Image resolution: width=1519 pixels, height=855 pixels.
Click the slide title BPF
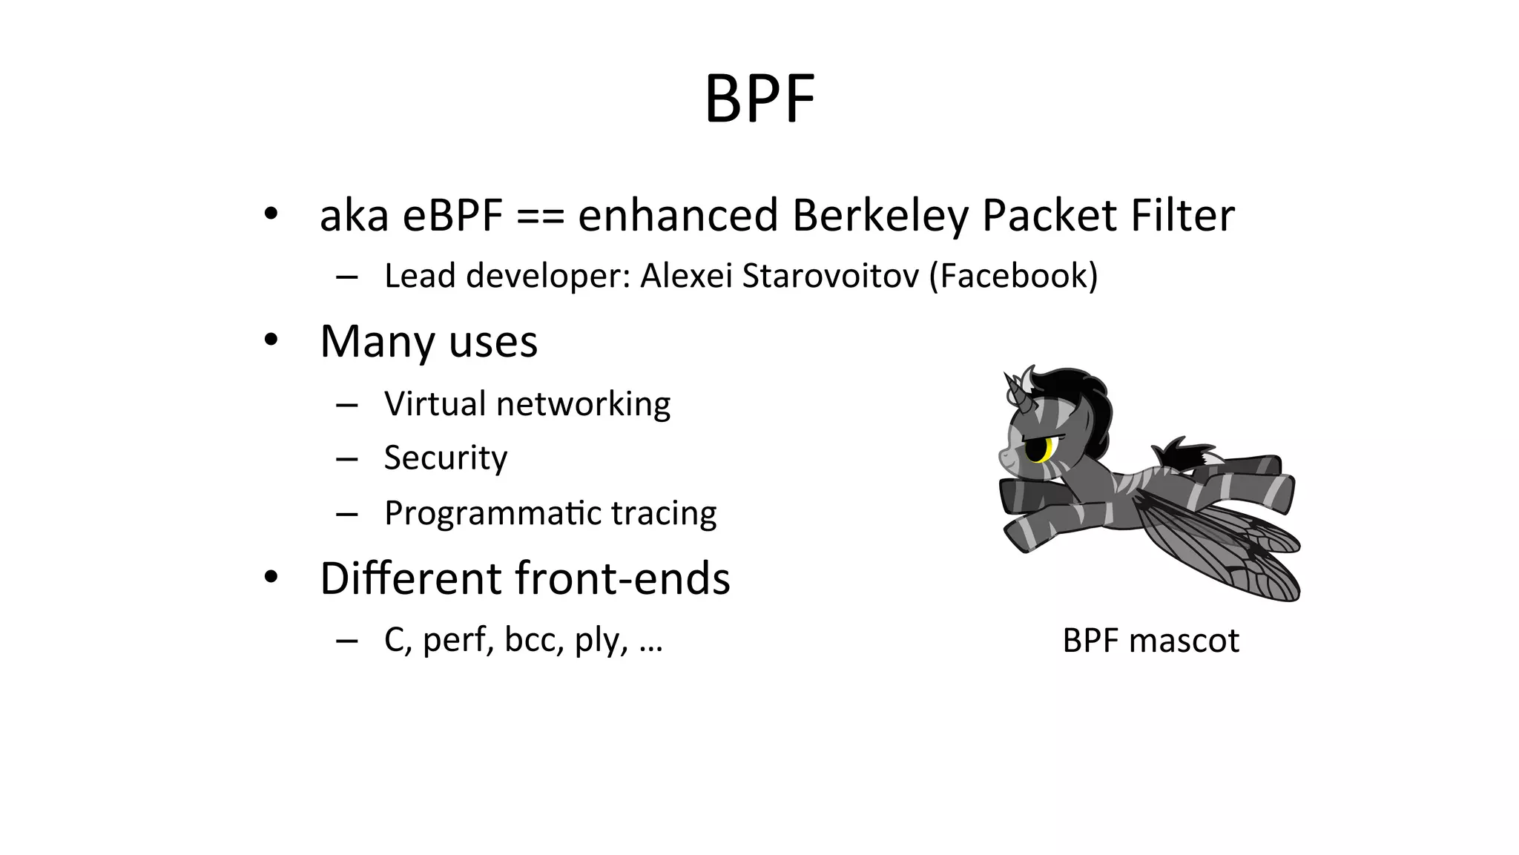[759, 99]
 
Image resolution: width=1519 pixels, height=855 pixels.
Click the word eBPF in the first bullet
[452, 216]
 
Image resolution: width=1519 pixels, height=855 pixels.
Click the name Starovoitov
[830, 276]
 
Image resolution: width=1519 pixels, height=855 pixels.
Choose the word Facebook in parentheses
[1013, 276]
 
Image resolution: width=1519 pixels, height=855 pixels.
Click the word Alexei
[686, 276]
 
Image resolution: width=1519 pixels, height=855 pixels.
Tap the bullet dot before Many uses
[271, 340]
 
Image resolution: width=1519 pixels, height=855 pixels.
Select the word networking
[583, 404]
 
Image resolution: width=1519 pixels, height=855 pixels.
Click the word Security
[445, 458]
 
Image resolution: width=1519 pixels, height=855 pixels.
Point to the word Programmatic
[481, 513]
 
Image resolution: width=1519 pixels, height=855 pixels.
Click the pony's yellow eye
[1048, 449]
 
